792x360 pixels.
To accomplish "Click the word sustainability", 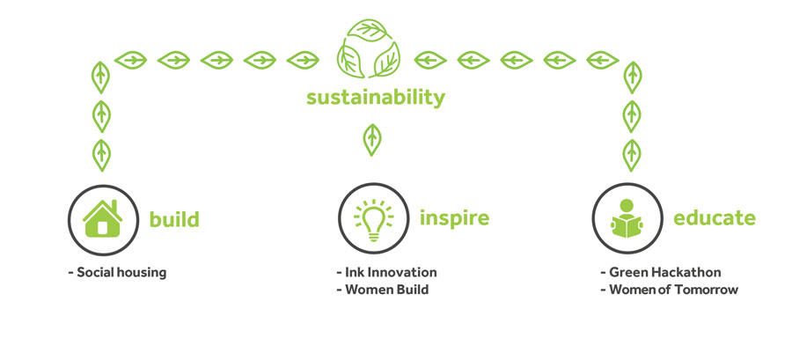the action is pyautogui.click(x=375, y=98).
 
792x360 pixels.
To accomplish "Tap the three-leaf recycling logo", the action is pyautogui.click(x=368, y=48).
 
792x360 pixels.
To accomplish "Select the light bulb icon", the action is pyautogui.click(x=373, y=220).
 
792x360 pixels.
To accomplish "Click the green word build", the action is pyautogui.click(x=174, y=219).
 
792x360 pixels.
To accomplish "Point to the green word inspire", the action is pyautogui.click(x=455, y=218).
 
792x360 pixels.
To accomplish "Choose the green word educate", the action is pyautogui.click(x=715, y=218).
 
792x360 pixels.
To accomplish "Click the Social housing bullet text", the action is pyautogui.click(x=117, y=273).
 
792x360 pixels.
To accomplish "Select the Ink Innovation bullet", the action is pyautogui.click(x=386, y=272).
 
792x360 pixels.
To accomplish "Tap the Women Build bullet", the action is pyautogui.click(x=383, y=290).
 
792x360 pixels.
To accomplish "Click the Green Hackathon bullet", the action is pyautogui.click(x=661, y=272).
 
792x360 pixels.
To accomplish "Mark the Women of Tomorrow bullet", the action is pyautogui.click(x=670, y=290).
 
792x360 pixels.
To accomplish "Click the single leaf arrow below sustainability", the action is pyautogui.click(x=372, y=140).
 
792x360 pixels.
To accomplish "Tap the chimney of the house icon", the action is pyautogui.click(x=114, y=206).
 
